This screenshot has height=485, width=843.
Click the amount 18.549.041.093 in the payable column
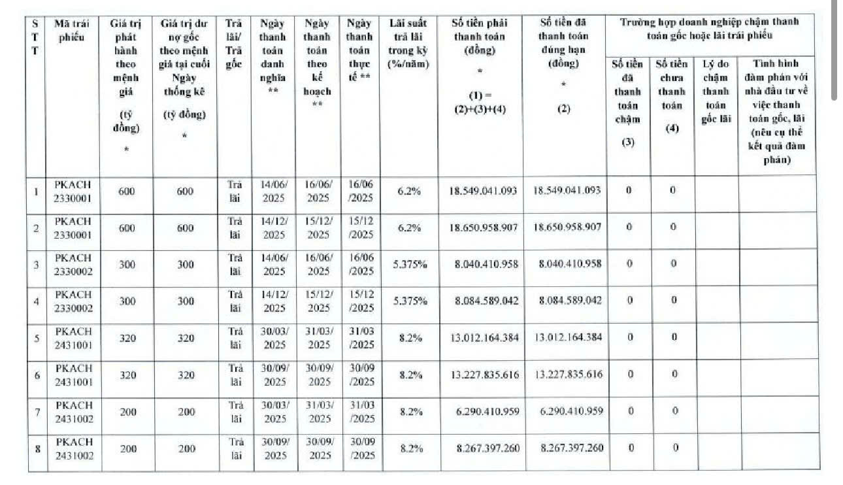point(483,191)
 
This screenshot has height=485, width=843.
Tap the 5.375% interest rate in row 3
point(410,264)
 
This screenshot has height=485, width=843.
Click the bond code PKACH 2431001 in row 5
point(73,338)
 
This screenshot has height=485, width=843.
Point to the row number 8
point(36,448)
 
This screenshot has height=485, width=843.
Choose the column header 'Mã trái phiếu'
point(72,29)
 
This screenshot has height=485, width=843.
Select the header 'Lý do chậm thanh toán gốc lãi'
point(716,92)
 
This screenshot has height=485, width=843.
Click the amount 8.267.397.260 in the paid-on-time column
point(572,448)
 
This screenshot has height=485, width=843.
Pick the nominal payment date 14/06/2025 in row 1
point(274,191)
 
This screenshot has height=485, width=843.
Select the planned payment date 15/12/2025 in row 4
point(318,301)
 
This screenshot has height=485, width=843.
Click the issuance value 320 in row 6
point(128,375)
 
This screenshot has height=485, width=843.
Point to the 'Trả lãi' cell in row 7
point(236,411)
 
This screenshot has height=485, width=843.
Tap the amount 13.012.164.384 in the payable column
point(484,337)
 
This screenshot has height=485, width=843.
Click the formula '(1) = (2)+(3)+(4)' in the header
point(480,102)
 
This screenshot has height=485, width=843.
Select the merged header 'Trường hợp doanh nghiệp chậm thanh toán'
point(709,28)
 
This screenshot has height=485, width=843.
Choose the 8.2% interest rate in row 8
point(410,448)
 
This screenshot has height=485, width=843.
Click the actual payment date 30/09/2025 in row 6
point(361,375)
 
